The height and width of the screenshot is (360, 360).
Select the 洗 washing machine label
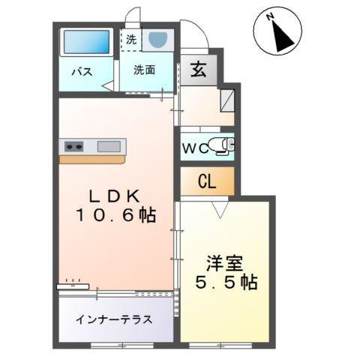131,38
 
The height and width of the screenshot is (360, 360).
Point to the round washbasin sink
157,40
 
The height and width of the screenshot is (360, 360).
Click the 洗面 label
145,70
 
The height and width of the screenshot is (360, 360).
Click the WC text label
195,147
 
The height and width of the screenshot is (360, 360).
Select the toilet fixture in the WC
223,145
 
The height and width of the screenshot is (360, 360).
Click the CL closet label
207,180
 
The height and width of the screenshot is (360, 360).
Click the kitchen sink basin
108,146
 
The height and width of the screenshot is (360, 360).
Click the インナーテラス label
114,319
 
